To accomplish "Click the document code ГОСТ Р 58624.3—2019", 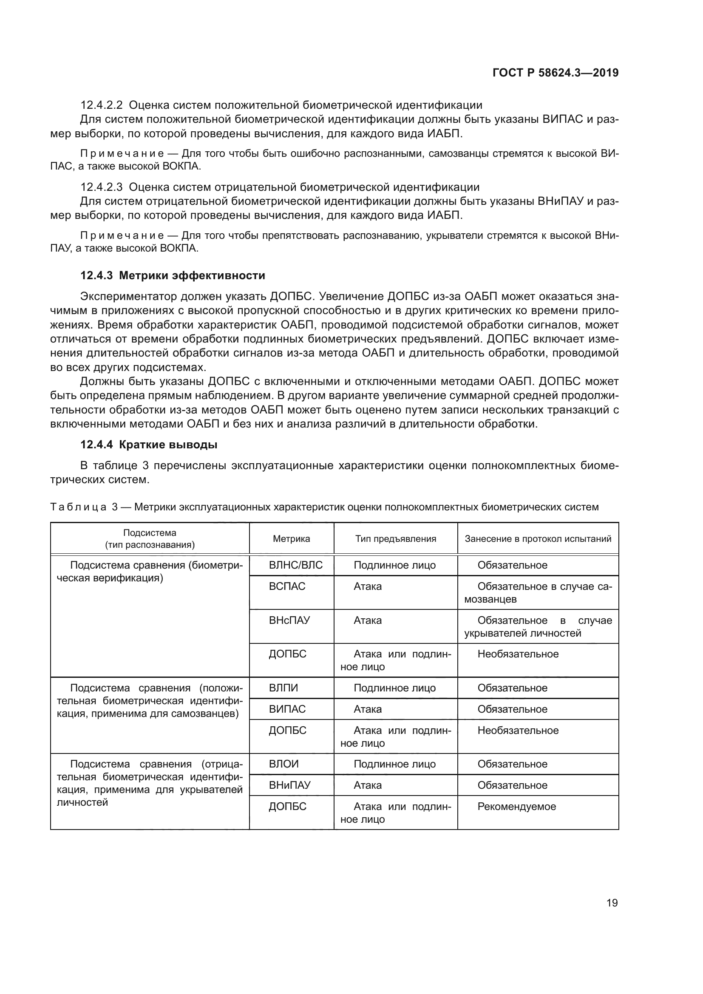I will tap(556, 73).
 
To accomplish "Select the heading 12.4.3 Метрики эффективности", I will tap(173, 275).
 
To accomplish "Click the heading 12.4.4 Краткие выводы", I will tap(149, 445).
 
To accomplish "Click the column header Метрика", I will tap(291, 538).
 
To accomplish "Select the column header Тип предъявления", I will tap(396, 538).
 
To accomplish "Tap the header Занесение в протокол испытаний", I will tap(538, 538).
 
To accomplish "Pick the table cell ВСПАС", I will tap(287, 586).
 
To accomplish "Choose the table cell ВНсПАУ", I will tap(289, 620).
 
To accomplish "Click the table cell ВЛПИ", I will tap(283, 688).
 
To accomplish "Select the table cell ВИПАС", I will tap(287, 709).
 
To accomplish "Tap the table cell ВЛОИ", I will tap(283, 764).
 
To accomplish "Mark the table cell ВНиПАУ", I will tap(289, 785).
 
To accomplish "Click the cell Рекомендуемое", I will tap(516, 806).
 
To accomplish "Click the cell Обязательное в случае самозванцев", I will tap(538, 592).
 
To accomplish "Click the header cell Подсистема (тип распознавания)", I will tap(150, 538).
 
